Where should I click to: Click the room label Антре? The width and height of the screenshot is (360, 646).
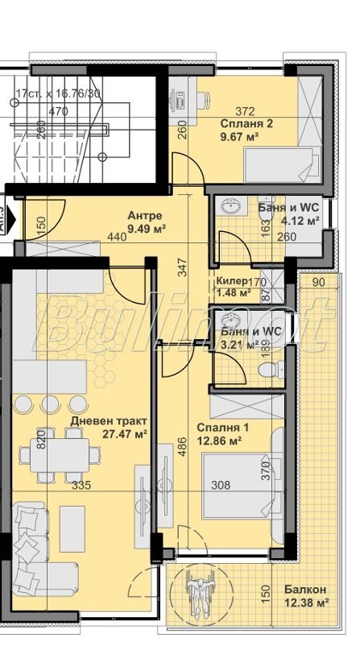pos(145,216)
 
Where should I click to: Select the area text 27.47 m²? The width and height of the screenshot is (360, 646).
pos(124,434)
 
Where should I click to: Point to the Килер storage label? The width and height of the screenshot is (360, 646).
pos(232,281)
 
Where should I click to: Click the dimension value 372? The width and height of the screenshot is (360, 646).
pos(245,112)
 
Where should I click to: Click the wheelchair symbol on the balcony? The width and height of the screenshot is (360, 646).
pos(196,592)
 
